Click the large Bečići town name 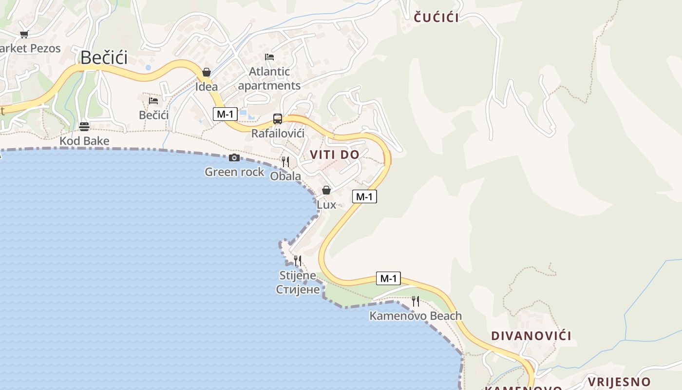(104, 58)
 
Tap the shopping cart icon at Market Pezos (24, 34)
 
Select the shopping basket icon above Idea (207, 73)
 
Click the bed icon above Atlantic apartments (269, 57)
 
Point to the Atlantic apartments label (269, 78)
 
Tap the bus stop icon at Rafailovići (278, 118)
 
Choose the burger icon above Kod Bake (84, 127)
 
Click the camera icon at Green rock (234, 157)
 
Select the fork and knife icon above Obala (285, 161)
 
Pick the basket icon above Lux (326, 190)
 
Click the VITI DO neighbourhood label (335, 155)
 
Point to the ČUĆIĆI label (436, 18)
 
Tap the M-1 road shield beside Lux (364, 196)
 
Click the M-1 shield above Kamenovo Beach (388, 278)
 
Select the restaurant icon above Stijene (298, 261)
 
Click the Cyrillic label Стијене (298, 290)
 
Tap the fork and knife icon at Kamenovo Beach (416, 301)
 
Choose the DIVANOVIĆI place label (531, 336)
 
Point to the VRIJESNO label (619, 382)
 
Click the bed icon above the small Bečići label (153, 101)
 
